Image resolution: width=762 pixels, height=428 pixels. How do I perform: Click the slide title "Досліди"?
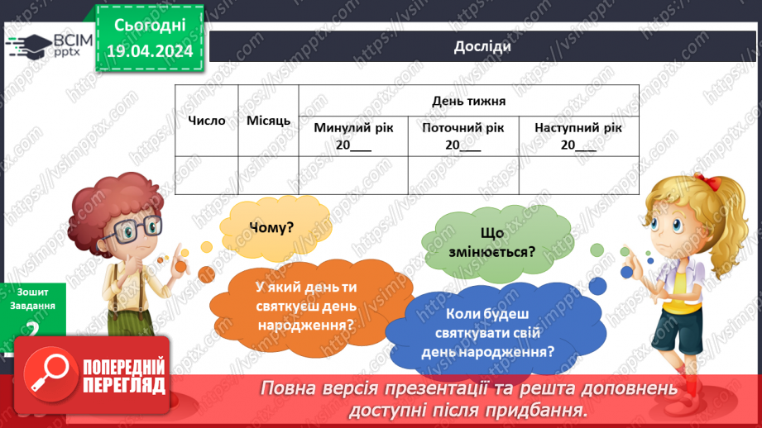point(482,46)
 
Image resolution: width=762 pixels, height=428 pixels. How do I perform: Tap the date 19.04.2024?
point(149,51)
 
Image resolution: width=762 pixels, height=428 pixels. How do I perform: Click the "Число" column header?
point(206,121)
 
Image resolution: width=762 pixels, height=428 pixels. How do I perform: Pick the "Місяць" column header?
point(268,121)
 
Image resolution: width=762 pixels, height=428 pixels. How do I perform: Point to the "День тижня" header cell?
point(468,101)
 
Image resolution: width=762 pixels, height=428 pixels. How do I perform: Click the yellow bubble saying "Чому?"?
point(271,228)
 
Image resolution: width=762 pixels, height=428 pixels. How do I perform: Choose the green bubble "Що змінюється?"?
point(491,241)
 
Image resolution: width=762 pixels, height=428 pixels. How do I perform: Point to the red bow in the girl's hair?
point(704,179)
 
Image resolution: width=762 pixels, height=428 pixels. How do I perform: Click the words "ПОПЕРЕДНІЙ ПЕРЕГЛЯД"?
point(124,377)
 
